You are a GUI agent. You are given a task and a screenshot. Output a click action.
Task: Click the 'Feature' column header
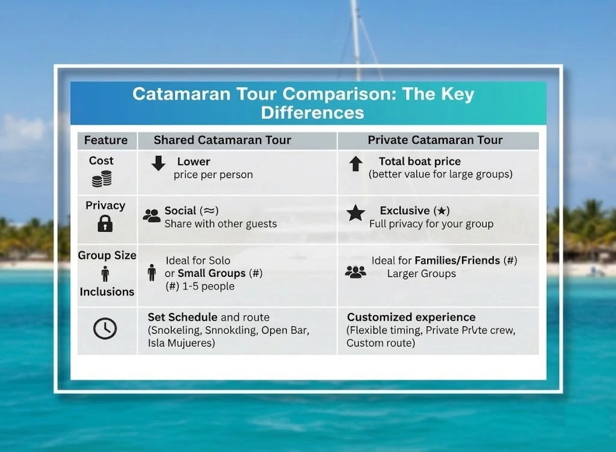coord(106,140)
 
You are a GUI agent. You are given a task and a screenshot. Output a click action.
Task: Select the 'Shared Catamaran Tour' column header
coord(222,140)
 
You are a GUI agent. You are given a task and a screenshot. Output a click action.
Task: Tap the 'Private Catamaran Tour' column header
coord(435,140)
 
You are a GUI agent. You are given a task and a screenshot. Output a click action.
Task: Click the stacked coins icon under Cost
coord(102,179)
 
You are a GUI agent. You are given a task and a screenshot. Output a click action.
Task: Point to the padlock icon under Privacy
coord(105,224)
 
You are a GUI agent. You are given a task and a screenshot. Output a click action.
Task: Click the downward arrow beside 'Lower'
coord(158,163)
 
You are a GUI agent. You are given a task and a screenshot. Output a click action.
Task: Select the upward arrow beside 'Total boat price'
coord(356,163)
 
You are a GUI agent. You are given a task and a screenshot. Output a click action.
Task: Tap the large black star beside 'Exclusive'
coord(356,213)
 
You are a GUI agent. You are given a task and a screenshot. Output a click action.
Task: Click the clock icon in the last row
coord(105,329)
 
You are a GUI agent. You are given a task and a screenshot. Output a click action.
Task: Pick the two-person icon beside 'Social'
coord(152,216)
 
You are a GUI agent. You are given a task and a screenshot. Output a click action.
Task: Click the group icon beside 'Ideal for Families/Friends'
coord(356,272)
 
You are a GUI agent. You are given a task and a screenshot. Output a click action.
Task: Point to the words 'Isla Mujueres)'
coord(181,343)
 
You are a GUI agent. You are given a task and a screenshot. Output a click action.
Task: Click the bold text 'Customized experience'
coord(411,317)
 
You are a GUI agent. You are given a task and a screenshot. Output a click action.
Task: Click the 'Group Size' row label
coord(107,255)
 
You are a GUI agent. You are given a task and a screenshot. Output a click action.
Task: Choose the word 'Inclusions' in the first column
coord(107,291)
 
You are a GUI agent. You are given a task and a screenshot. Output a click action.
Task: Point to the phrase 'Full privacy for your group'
coord(431,224)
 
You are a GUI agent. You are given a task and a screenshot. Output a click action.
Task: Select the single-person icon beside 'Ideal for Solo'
coord(152,273)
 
